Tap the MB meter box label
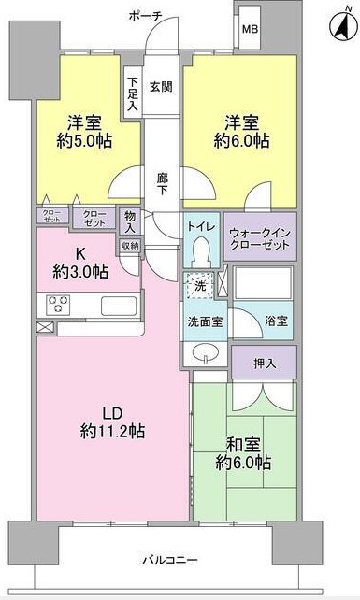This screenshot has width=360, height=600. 251,30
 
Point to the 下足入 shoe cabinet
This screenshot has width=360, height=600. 134,93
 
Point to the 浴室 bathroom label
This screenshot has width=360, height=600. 276,319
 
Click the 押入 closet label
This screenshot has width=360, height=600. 265,361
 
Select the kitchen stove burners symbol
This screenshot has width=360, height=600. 58,304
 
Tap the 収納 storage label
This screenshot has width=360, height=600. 129,245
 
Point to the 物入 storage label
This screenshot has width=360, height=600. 129,221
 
